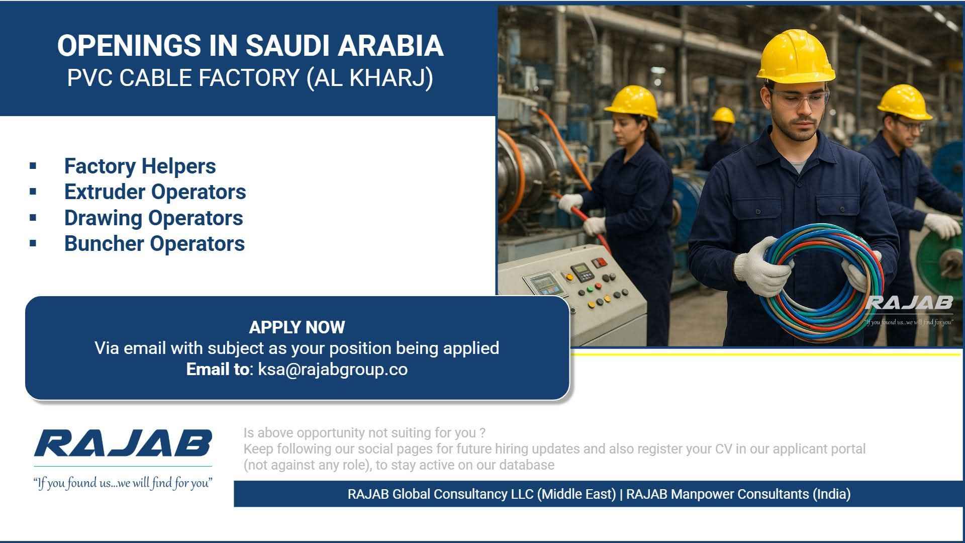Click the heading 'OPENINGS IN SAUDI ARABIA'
(x=250, y=45)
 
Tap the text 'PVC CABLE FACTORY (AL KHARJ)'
(x=250, y=78)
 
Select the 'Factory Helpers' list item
(x=140, y=166)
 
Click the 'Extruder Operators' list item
(x=155, y=192)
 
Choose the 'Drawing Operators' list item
(x=153, y=218)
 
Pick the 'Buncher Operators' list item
(x=154, y=244)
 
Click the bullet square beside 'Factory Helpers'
(x=33, y=165)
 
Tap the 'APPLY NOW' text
(x=297, y=327)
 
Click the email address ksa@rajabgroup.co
(x=333, y=370)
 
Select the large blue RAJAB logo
(x=123, y=443)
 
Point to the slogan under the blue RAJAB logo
(x=123, y=483)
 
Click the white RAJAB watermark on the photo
(x=909, y=303)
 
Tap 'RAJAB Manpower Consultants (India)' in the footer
(x=738, y=494)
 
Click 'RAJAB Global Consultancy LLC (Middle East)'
(x=481, y=494)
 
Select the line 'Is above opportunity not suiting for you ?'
(x=364, y=433)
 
